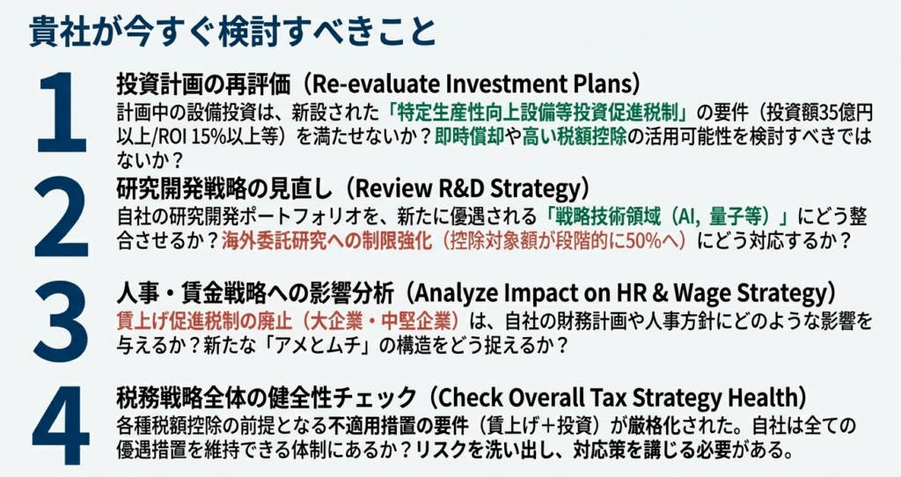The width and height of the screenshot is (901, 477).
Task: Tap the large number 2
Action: click(x=62, y=217)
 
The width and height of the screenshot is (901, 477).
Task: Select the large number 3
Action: click(x=62, y=321)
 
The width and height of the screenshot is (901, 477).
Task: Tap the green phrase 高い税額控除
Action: click(x=574, y=136)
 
